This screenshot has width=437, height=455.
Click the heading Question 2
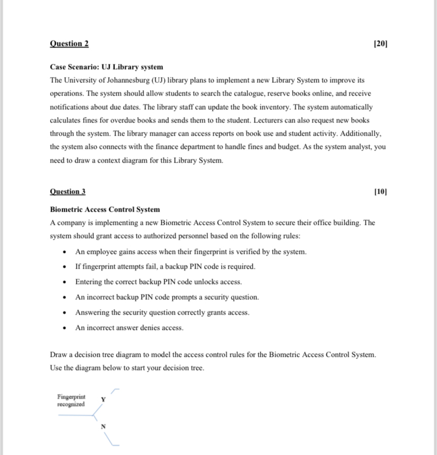coord(69,44)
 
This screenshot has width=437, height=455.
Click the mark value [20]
coord(380,44)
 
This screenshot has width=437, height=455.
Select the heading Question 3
coord(68,192)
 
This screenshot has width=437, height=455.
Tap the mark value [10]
coord(380,192)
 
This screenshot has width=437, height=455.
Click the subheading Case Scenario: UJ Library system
coord(106,67)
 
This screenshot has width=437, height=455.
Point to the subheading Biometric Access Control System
coord(104,210)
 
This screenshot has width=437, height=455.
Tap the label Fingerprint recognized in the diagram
coord(71,400)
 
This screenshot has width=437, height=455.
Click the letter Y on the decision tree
coord(103,400)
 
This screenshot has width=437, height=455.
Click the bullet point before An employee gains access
coord(64,252)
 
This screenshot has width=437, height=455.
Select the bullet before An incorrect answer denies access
coord(64,328)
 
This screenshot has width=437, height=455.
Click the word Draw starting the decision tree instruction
coord(58,355)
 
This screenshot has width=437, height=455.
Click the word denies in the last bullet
coord(150,328)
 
